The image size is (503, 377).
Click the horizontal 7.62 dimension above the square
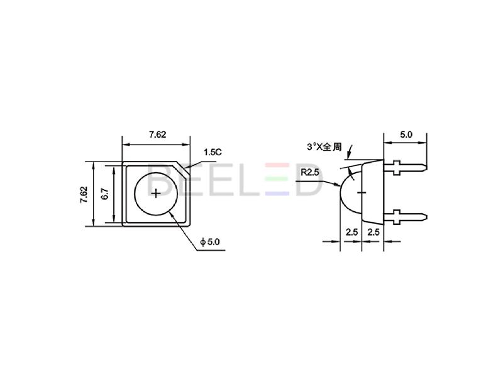click(x=157, y=134)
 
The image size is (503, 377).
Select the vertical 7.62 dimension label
click(x=84, y=194)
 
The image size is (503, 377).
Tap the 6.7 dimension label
click(x=105, y=194)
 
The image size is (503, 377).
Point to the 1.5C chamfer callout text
click(x=213, y=152)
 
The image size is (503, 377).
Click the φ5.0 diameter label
click(x=210, y=242)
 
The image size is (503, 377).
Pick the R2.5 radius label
click(x=310, y=172)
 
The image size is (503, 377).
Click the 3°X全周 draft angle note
click(x=324, y=147)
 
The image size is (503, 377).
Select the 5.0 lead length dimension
click(x=406, y=134)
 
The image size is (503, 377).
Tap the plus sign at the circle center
click(x=156, y=194)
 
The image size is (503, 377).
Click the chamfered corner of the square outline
click(x=183, y=168)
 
